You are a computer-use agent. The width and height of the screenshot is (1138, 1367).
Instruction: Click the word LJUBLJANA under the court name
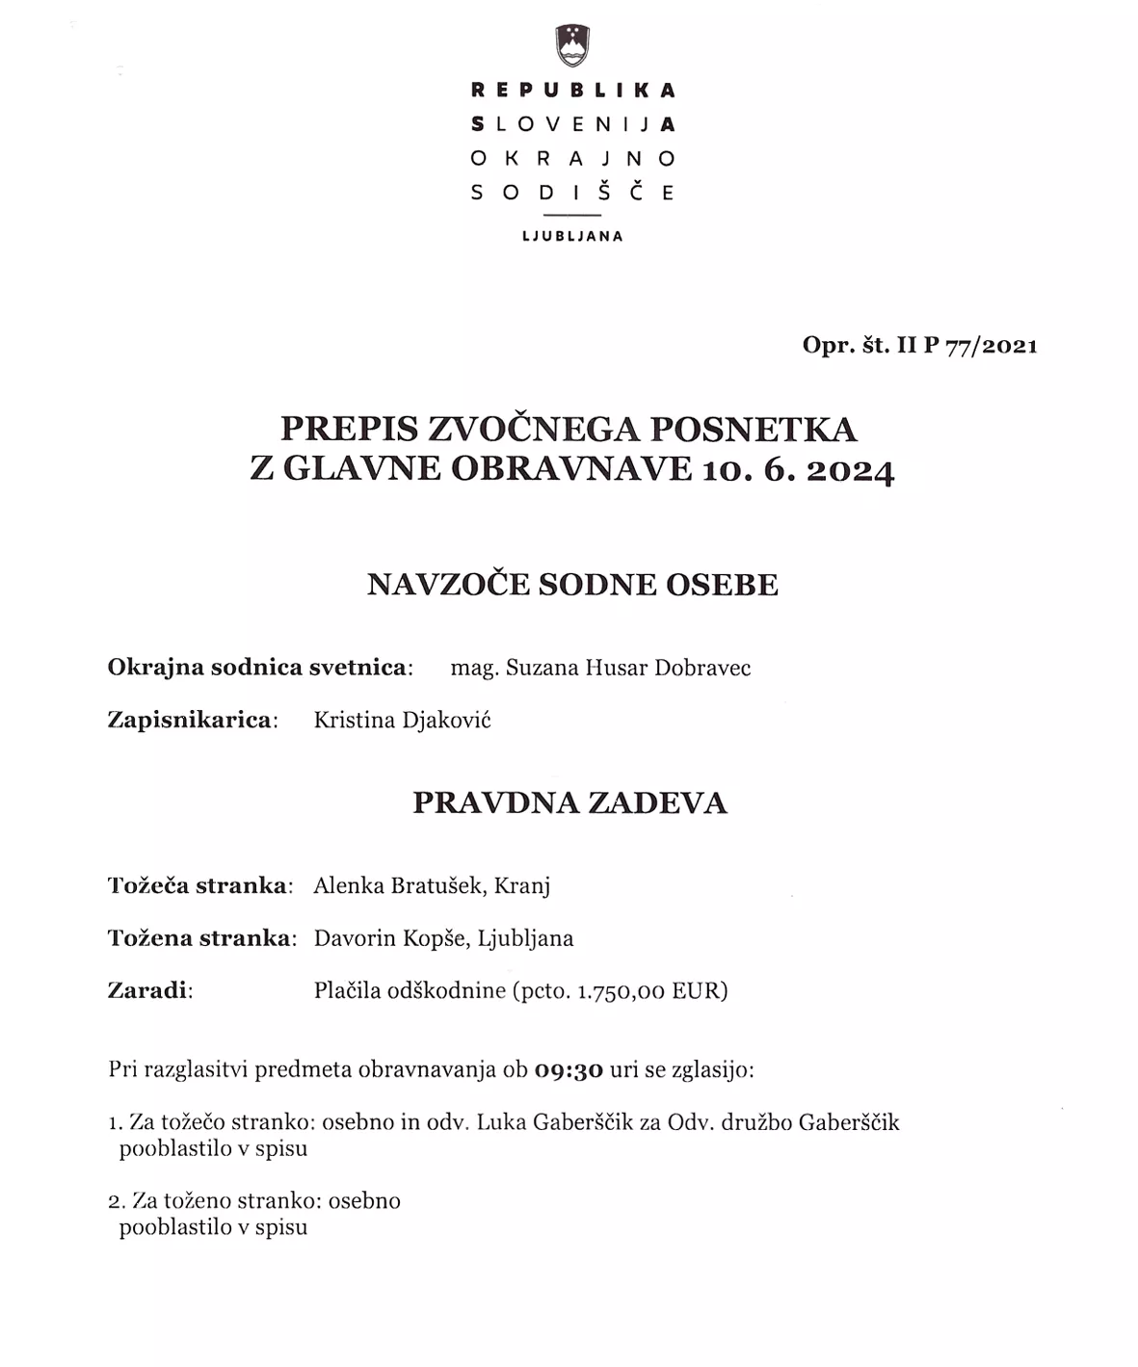point(572,236)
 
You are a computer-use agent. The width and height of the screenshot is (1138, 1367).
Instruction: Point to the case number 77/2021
point(992,346)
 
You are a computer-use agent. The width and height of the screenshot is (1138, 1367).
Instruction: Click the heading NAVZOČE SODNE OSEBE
point(572,585)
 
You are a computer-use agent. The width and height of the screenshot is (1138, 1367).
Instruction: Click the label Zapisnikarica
point(190,720)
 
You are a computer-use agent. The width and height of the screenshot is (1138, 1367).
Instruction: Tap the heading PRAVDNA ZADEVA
point(569,802)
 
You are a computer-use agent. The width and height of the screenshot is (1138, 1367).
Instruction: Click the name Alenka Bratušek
point(397,886)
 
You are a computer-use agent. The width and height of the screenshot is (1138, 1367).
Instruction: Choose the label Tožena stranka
point(198,938)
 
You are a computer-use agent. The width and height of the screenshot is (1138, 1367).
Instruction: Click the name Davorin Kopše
point(390,938)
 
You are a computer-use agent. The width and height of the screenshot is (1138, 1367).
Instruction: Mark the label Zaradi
point(147,990)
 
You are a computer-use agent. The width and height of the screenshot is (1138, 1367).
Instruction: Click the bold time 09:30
point(569,1070)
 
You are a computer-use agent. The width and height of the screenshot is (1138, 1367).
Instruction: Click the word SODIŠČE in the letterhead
point(572,192)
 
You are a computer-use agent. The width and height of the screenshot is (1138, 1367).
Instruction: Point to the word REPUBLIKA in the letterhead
point(572,91)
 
